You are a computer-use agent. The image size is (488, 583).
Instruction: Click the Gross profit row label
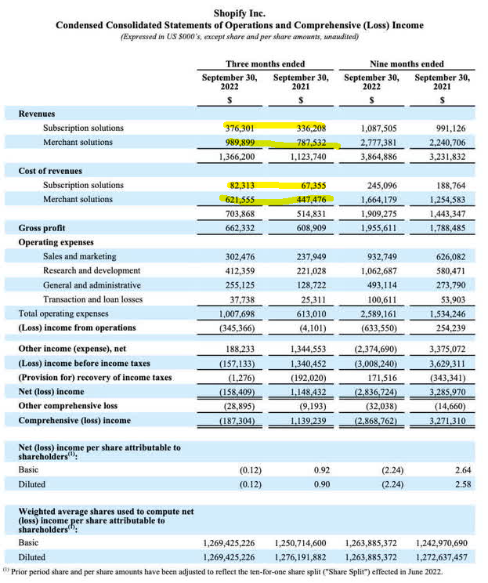pyautogui.click(x=42, y=228)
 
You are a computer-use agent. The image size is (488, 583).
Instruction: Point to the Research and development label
pyautogui.click(x=92, y=270)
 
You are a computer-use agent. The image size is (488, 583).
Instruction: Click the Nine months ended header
pyautogui.click(x=406, y=63)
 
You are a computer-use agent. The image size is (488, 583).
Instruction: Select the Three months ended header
pyautogui.click(x=265, y=63)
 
